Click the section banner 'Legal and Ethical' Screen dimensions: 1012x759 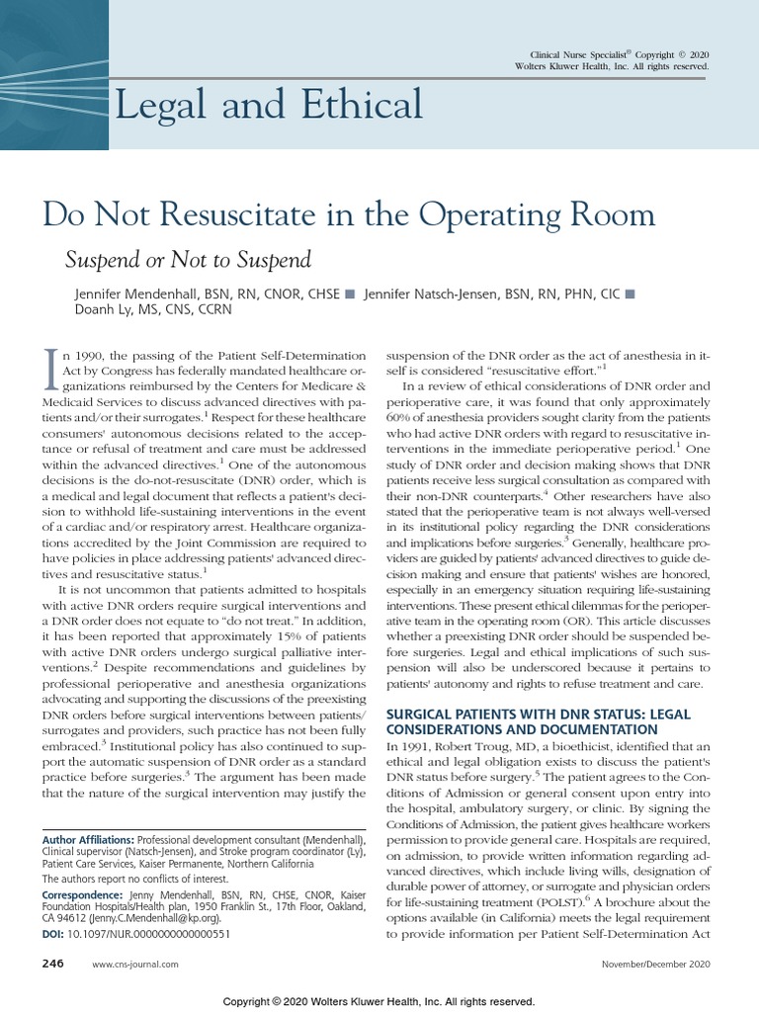(269, 105)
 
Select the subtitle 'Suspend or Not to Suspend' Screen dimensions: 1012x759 (188, 260)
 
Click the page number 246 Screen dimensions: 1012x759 (51, 963)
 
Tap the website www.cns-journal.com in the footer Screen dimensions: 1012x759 (134, 964)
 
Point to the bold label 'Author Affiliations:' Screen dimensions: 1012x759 (88, 837)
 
